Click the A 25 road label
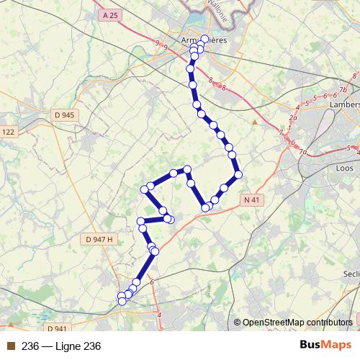[110, 15]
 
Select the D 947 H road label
[99, 239]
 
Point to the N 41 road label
[251, 199]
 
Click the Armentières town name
[204, 40]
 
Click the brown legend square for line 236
[10, 346]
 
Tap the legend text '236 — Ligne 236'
[61, 346]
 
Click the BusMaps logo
[325, 346]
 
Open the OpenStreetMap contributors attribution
[297, 323]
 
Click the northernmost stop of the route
[205, 39]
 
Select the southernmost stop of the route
[122, 302]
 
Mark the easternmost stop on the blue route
[238, 174]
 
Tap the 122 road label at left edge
[8, 132]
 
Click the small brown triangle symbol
[254, 122]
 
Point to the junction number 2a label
[293, 117]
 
